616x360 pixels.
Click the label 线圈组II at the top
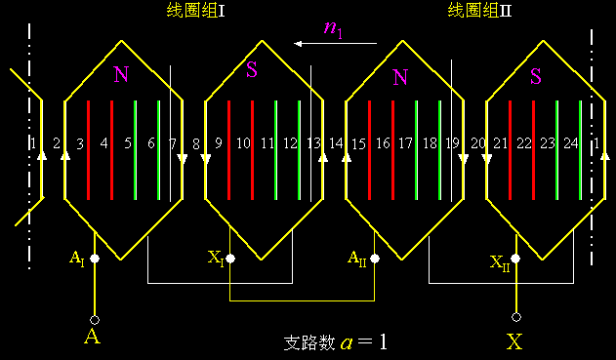479,11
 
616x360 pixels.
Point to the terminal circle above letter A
95,319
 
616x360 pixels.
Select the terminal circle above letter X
515,317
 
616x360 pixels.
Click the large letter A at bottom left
93,338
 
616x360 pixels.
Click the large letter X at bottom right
515,341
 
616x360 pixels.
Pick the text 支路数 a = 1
335,342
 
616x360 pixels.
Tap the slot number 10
243,144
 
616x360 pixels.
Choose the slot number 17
405,144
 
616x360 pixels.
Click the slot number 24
571,144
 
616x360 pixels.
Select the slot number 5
127,144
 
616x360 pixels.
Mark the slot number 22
524,144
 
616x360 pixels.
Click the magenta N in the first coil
120,75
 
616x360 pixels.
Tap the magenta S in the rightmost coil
535,75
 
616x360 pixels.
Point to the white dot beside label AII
375,260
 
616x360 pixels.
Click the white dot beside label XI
230,260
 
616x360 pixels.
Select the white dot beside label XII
515,259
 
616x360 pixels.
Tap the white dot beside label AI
95,260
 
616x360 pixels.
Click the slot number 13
313,144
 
